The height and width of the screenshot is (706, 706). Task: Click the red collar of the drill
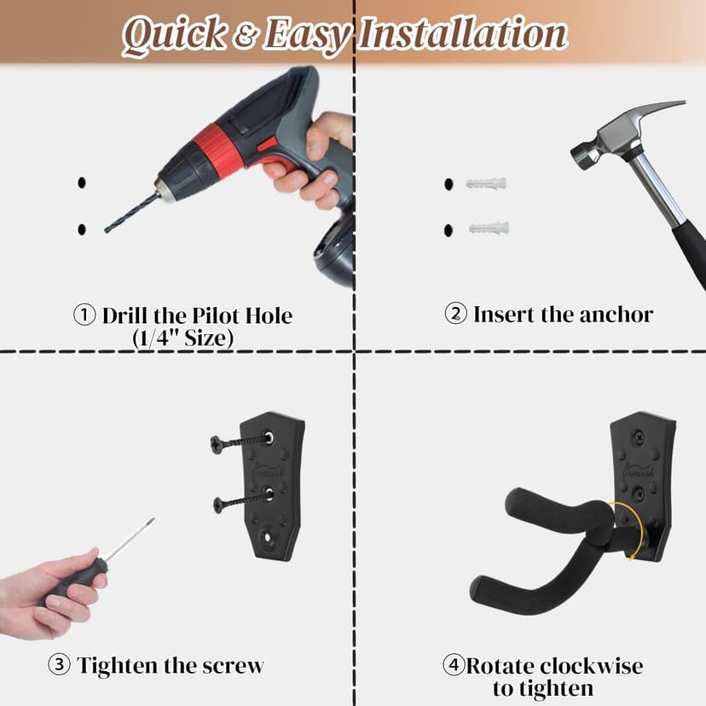pos(218,149)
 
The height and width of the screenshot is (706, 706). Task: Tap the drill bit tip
pos(107,231)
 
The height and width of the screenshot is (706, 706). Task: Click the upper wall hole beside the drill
pos(82,182)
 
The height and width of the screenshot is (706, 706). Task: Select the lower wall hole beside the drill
pos(82,229)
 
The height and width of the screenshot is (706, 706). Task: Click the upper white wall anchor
pos(486,183)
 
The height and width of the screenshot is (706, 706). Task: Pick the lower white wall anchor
pos(489,228)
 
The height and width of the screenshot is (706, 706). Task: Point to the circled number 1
pos(84,315)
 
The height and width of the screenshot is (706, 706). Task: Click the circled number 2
pos(455,314)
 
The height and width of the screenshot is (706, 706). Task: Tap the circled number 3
pos(59,665)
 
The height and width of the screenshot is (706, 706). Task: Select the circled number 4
pos(454,664)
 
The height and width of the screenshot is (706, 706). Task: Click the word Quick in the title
pos(174,35)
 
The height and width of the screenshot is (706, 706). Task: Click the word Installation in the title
pos(463,32)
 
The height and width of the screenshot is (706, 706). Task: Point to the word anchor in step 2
pos(616,315)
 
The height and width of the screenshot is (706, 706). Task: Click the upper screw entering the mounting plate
pos(242,442)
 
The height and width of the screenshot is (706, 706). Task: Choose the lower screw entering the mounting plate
pos(244,501)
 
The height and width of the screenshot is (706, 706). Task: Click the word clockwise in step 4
pos(591,665)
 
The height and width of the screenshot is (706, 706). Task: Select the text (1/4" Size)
pos(183,338)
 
